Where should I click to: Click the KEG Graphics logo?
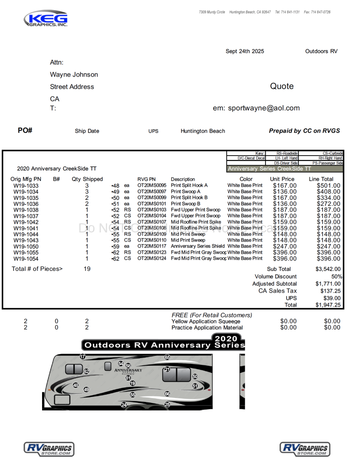(x=46, y=19)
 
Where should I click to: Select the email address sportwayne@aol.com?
(x=264, y=108)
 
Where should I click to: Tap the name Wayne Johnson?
(x=74, y=75)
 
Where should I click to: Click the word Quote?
(x=282, y=86)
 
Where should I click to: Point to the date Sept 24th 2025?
(x=245, y=52)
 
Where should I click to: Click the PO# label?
(x=25, y=131)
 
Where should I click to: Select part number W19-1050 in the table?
(x=26, y=246)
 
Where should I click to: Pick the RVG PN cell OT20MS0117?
(x=152, y=246)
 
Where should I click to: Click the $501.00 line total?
(x=329, y=185)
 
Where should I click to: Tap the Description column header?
(x=183, y=179)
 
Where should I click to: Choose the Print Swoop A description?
(x=185, y=192)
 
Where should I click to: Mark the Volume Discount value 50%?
(x=336, y=276)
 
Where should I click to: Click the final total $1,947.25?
(x=328, y=305)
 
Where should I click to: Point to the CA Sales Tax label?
(x=278, y=291)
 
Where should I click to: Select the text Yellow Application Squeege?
(x=206, y=321)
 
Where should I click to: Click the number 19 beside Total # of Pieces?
(x=87, y=269)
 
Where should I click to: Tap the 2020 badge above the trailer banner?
(x=226, y=339)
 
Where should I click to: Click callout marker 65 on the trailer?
(x=167, y=358)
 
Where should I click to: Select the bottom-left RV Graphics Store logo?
(x=49, y=449)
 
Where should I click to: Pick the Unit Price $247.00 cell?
(x=285, y=246)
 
